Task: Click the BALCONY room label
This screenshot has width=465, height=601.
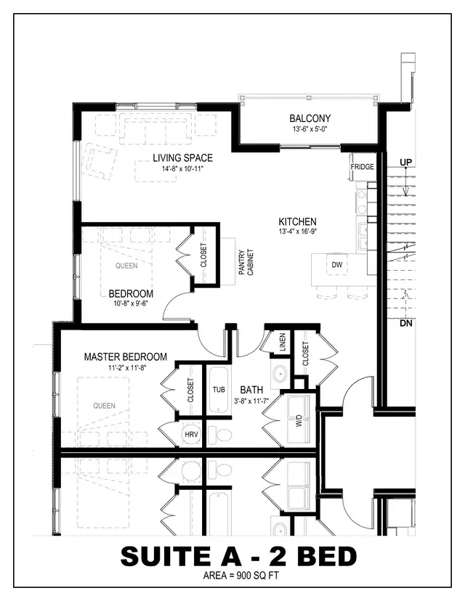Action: (310, 118)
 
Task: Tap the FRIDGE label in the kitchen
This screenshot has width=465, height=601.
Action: (362, 167)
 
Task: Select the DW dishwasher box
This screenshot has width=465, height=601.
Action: (336, 265)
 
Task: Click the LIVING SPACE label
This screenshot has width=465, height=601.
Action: (182, 158)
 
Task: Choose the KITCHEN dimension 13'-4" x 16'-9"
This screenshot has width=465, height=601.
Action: (298, 232)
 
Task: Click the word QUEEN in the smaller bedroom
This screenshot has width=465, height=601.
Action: (126, 266)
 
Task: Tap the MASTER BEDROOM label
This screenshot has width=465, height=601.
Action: (125, 357)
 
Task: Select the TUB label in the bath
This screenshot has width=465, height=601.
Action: (219, 389)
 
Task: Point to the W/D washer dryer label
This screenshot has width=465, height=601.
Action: (299, 420)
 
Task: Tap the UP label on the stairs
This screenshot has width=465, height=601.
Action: (405, 161)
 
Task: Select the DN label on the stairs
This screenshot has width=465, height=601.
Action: (405, 324)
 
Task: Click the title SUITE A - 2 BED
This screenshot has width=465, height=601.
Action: (238, 555)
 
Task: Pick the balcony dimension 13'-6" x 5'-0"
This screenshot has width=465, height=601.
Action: (310, 130)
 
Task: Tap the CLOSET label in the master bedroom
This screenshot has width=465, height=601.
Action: (191, 390)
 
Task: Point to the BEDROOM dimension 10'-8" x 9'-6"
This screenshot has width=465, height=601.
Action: (131, 304)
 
